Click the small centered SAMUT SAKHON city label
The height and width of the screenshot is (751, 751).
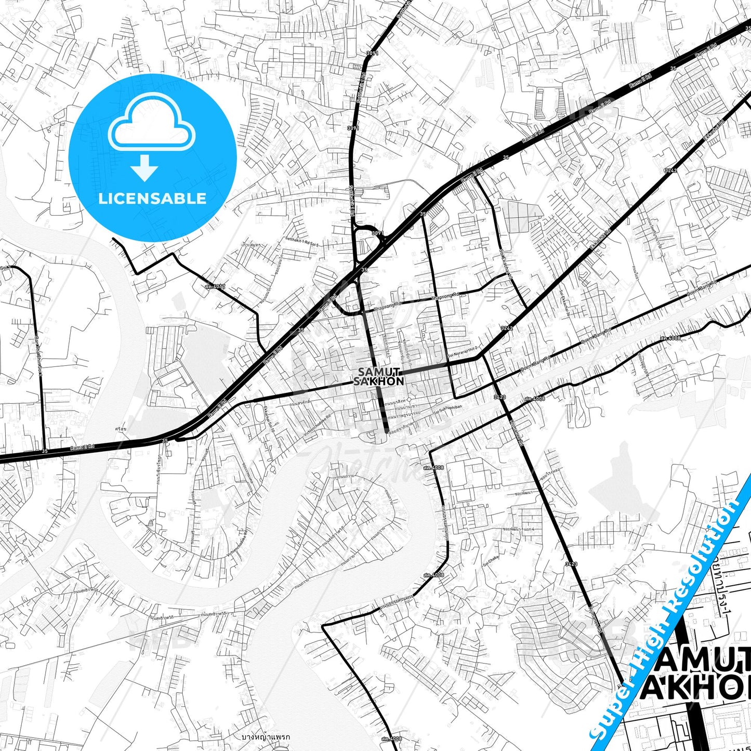(378, 376)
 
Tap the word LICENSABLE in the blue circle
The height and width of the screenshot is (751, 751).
(152, 198)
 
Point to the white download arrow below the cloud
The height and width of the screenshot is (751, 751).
(144, 168)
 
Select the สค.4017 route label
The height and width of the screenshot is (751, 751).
(215, 286)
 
